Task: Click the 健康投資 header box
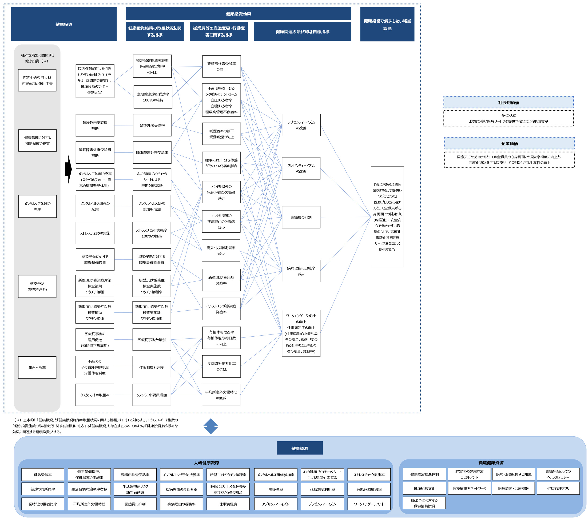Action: (x=64, y=24)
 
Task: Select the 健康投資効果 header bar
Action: (x=238, y=14)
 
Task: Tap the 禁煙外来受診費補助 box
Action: (x=95, y=125)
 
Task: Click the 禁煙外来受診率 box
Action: (x=152, y=125)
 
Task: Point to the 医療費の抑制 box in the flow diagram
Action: (x=301, y=217)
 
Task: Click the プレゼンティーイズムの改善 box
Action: (x=301, y=168)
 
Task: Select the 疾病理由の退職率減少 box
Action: (x=301, y=271)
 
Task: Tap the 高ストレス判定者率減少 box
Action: (x=221, y=251)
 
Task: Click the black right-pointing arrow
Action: (x=68, y=169)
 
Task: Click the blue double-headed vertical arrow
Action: (x=211, y=426)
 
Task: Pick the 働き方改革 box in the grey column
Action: (x=37, y=368)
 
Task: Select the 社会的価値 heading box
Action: (x=508, y=102)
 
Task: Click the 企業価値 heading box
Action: (x=509, y=143)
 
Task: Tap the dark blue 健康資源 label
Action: (x=299, y=448)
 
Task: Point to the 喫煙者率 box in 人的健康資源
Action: (x=276, y=489)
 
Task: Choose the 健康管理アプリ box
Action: (x=558, y=488)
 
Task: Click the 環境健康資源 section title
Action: (x=491, y=463)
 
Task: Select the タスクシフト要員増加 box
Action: (x=152, y=395)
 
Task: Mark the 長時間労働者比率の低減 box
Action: (x=221, y=366)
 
